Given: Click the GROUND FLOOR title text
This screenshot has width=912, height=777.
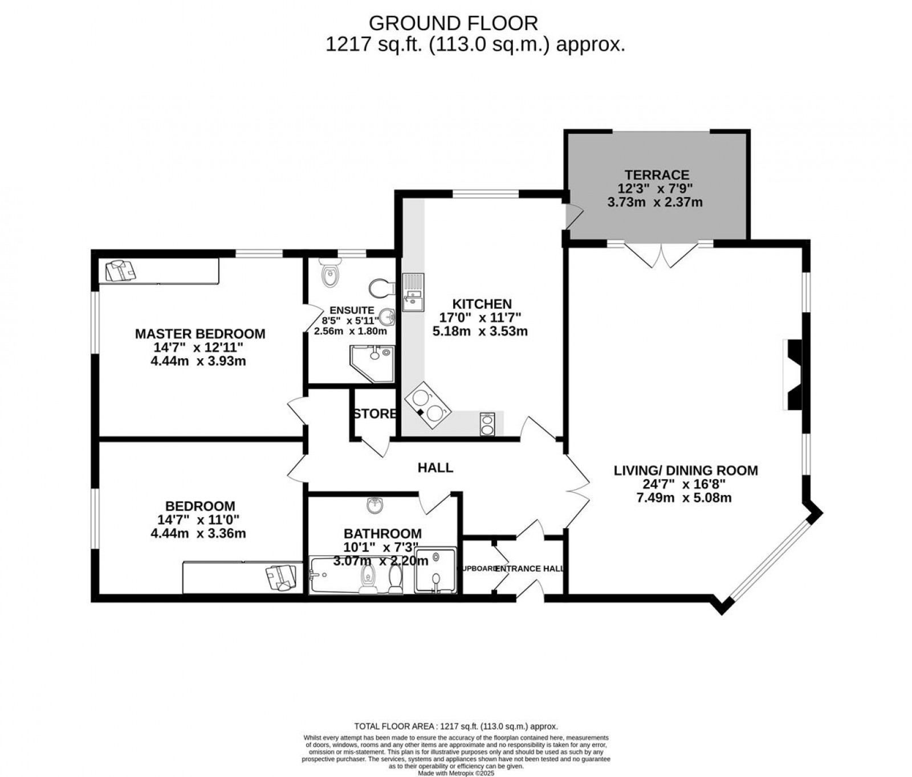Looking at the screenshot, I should pyautogui.click(x=453, y=23).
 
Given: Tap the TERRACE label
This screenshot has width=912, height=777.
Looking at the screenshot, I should pyautogui.click(x=657, y=175).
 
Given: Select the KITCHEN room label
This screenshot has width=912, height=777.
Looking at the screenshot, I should pyautogui.click(x=482, y=304).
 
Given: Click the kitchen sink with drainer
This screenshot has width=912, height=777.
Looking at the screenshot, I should pyautogui.click(x=413, y=292).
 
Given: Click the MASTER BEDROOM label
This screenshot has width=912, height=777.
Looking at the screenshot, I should pyautogui.click(x=199, y=334).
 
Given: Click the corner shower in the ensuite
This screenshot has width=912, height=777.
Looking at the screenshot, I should pyautogui.click(x=371, y=363).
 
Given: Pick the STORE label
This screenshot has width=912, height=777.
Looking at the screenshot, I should pyautogui.click(x=374, y=414).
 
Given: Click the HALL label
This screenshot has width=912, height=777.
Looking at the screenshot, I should pyautogui.click(x=435, y=468).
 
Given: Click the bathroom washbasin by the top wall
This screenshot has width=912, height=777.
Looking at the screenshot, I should pyautogui.click(x=374, y=505).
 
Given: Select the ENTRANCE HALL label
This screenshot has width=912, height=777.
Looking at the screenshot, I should pyautogui.click(x=530, y=569).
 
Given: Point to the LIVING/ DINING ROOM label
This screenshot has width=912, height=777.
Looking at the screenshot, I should pyautogui.click(x=686, y=471).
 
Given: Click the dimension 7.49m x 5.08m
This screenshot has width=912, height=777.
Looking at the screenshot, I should pyautogui.click(x=683, y=498).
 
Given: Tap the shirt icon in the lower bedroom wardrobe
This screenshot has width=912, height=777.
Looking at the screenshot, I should pyautogui.click(x=282, y=577).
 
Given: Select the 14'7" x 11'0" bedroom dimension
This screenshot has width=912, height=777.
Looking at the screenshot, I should pyautogui.click(x=198, y=520).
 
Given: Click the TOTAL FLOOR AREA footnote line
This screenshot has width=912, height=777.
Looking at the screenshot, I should pyautogui.click(x=455, y=726).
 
